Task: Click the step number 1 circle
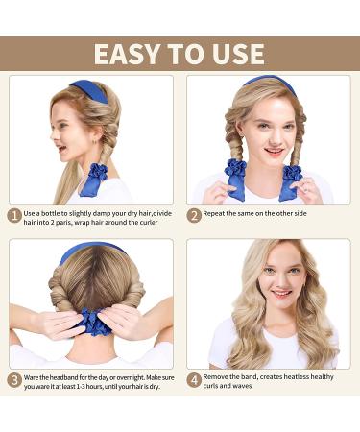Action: click(15, 216)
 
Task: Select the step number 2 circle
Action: click(193, 216)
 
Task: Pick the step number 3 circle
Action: click(15, 380)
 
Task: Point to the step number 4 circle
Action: click(193, 380)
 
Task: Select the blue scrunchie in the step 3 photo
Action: click(92, 325)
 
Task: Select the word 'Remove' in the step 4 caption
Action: click(216, 374)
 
